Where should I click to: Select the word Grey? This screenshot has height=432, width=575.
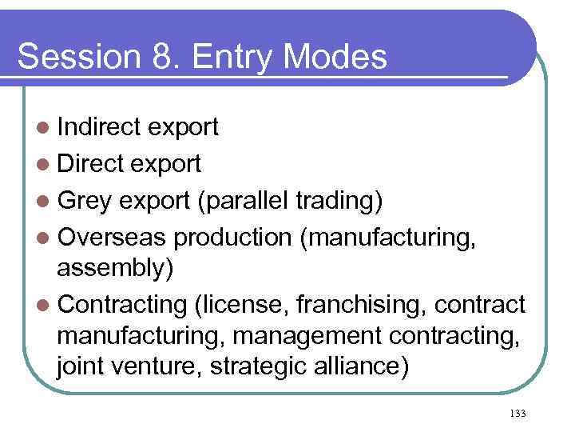tap(88, 201)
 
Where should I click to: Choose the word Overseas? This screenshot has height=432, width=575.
tap(112, 238)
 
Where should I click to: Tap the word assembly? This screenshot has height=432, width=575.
tap(111, 266)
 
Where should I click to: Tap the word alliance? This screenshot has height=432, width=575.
tap(363, 368)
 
